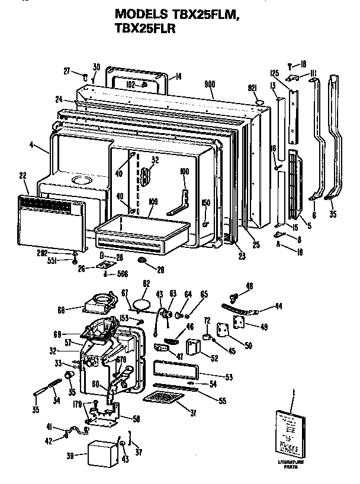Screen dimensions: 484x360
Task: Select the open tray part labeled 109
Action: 141,233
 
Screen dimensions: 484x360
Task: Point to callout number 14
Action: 178,76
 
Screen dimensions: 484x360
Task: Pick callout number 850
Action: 205,202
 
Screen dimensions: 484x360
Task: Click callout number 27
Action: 67,71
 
